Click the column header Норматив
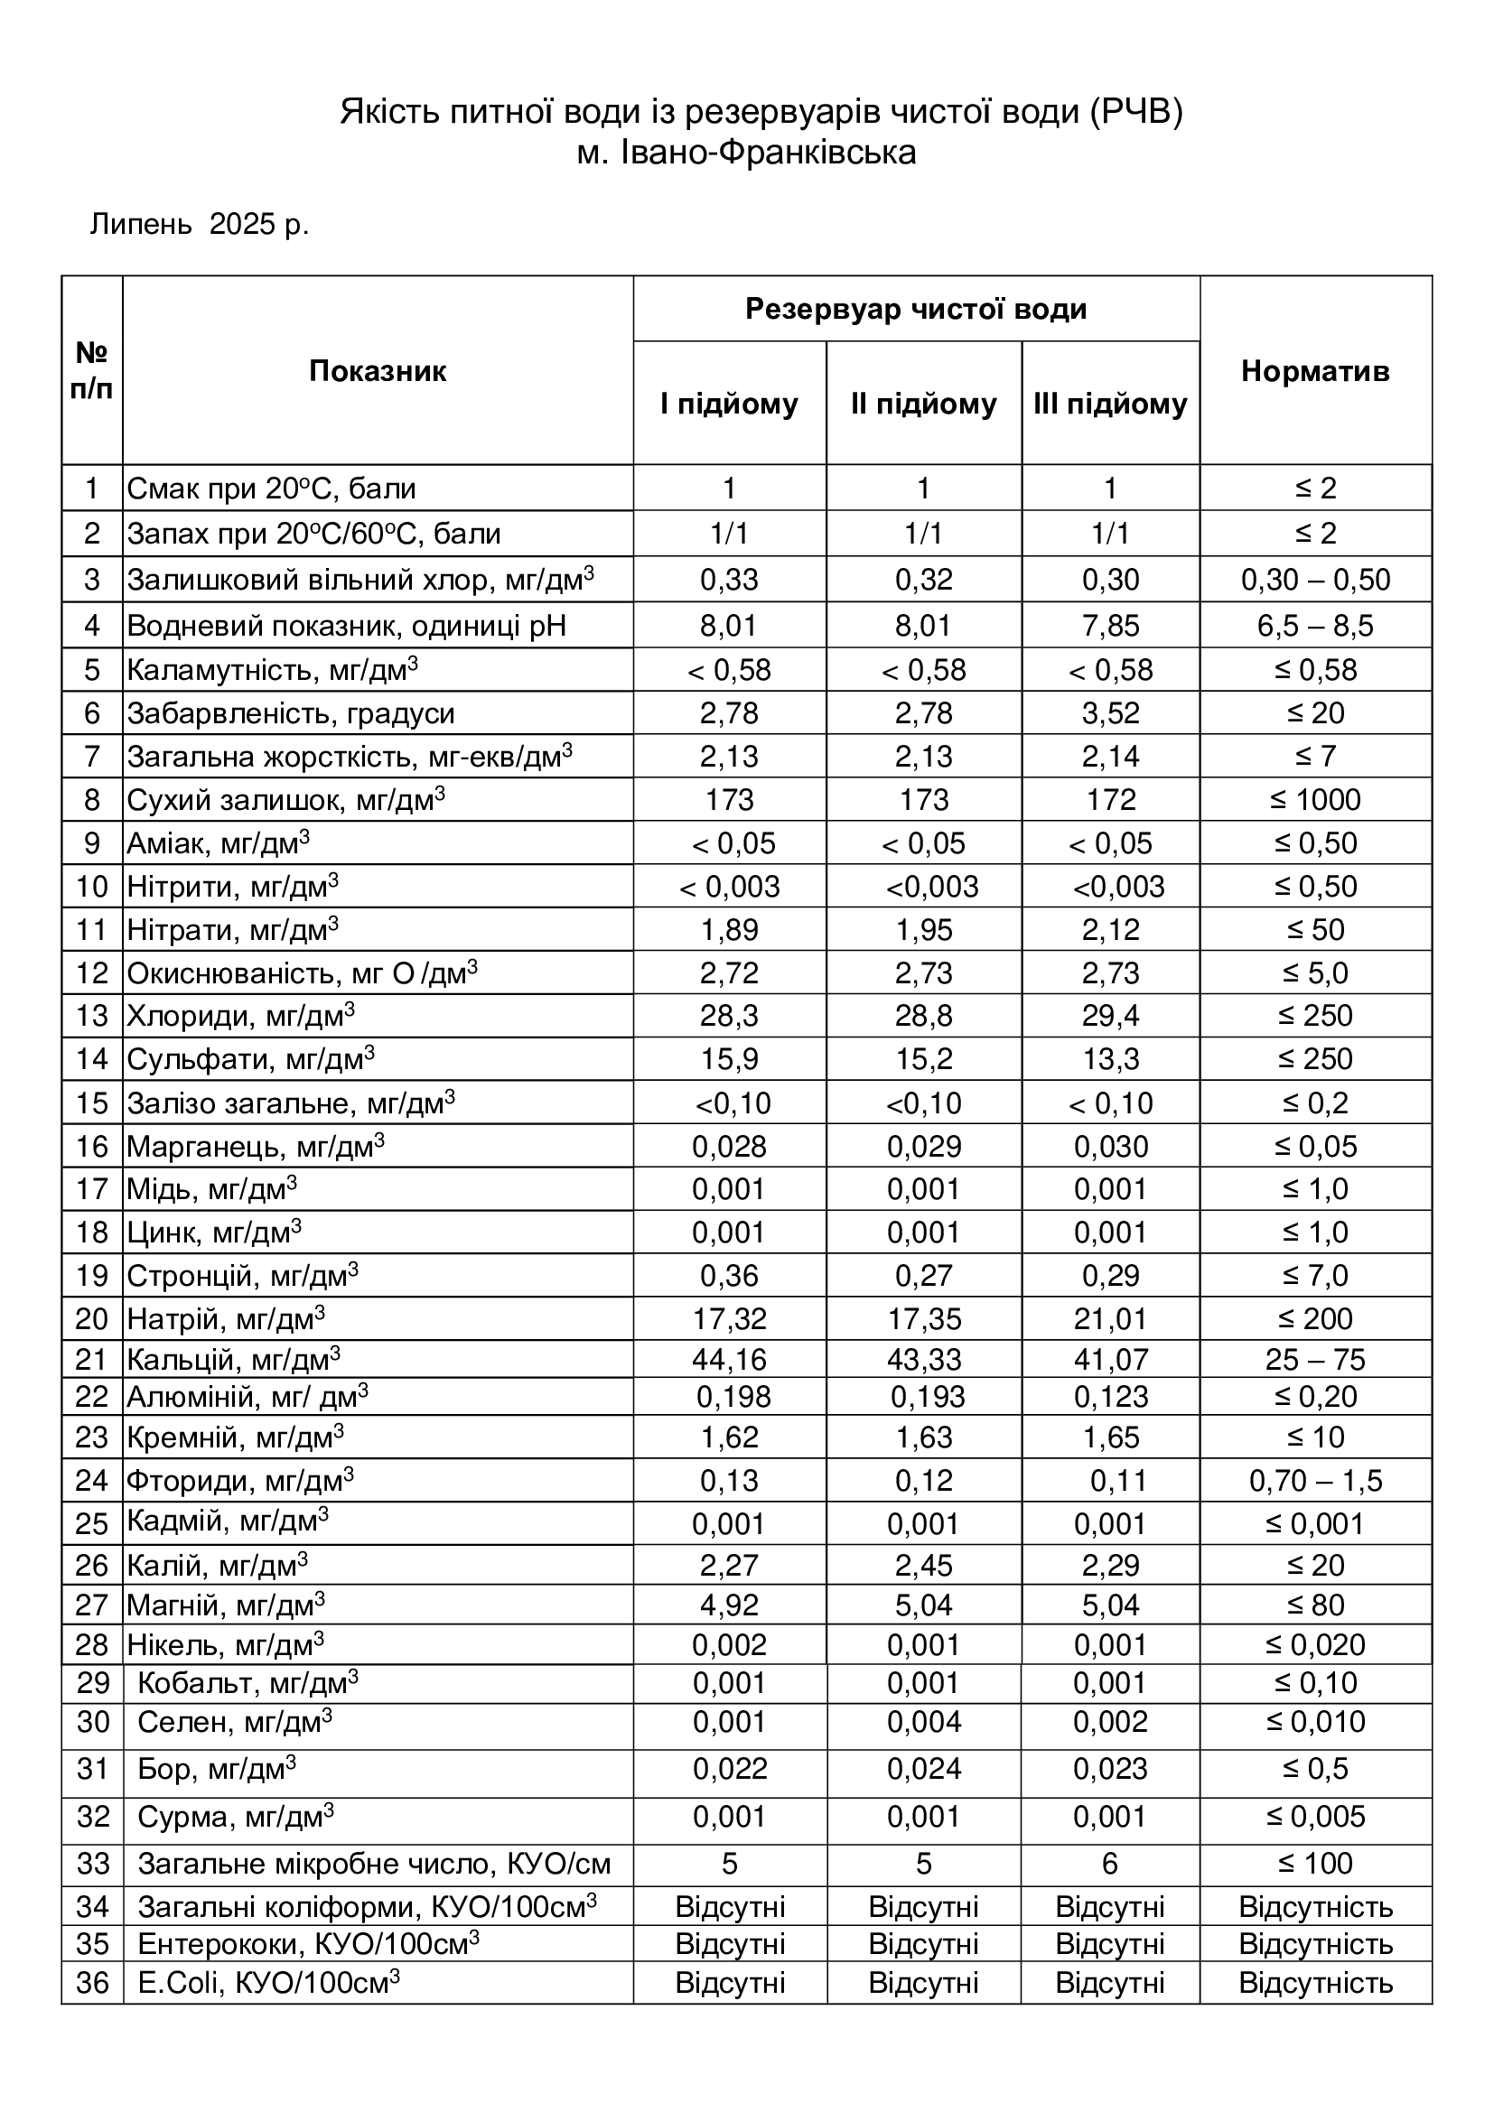point(1314,371)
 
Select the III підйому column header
point(1109,404)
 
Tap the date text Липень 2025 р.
point(200,225)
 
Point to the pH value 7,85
point(1109,627)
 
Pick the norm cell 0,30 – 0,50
point(1314,581)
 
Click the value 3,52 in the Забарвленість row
point(1109,714)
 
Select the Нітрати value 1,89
point(730,930)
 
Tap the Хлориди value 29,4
point(1109,1017)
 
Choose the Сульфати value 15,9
point(730,1060)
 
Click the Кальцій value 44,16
point(730,1360)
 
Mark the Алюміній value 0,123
point(1110,1397)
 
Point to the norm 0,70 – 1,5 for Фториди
point(1314,1481)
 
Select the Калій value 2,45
point(924,1566)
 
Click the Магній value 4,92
point(730,1605)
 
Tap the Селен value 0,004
point(924,1722)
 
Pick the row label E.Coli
point(267,1982)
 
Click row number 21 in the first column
point(92,1360)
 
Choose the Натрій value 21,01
point(1109,1319)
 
